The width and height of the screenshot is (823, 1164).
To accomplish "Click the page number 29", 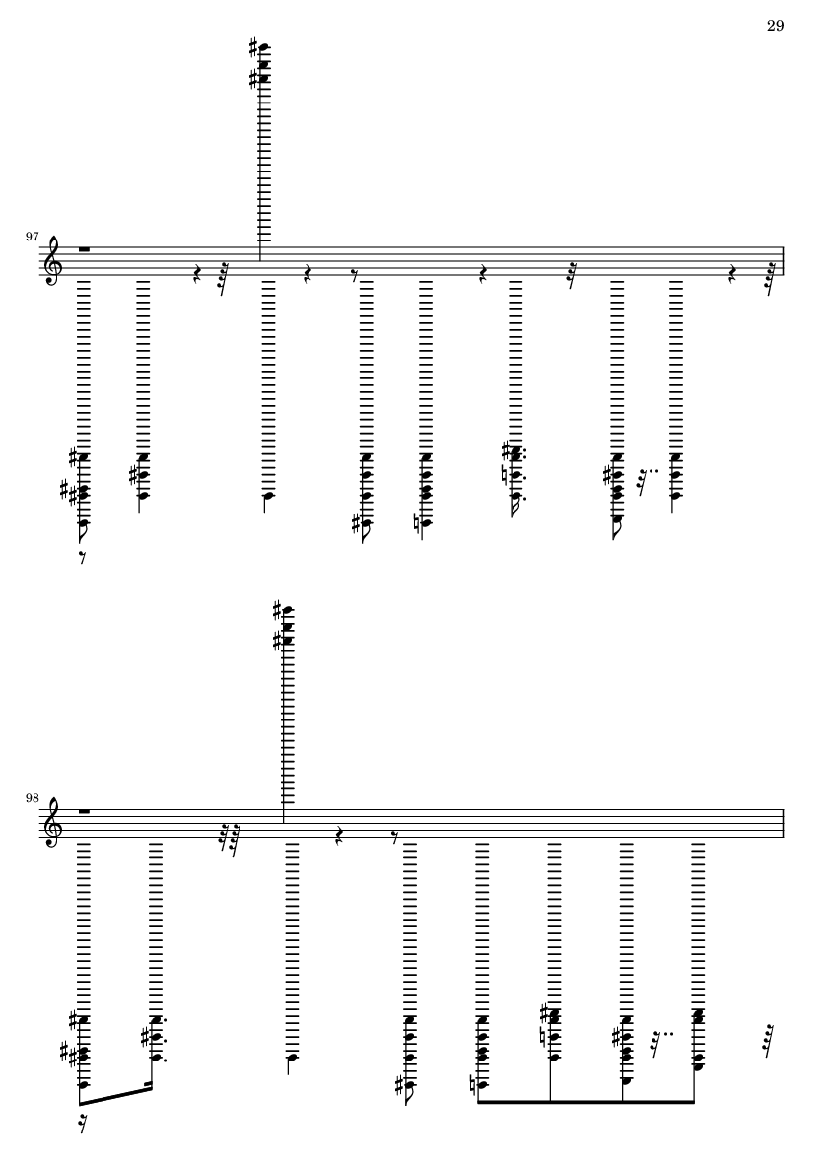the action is coord(775,26).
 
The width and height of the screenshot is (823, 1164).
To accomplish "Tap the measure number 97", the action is coord(32,237).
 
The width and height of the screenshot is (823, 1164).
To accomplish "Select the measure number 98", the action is coord(32,798).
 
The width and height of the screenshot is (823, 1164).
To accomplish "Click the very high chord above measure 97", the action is coord(260,63).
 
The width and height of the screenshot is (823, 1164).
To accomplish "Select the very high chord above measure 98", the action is coord(284,625).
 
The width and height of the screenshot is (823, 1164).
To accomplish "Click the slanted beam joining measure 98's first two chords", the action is coord(115,1097).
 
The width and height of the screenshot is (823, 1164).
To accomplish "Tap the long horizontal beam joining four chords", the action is coord(585,1101).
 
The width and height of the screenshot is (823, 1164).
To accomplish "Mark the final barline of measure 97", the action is coord(784,261).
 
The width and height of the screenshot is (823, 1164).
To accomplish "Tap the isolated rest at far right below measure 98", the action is coord(769,1039).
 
